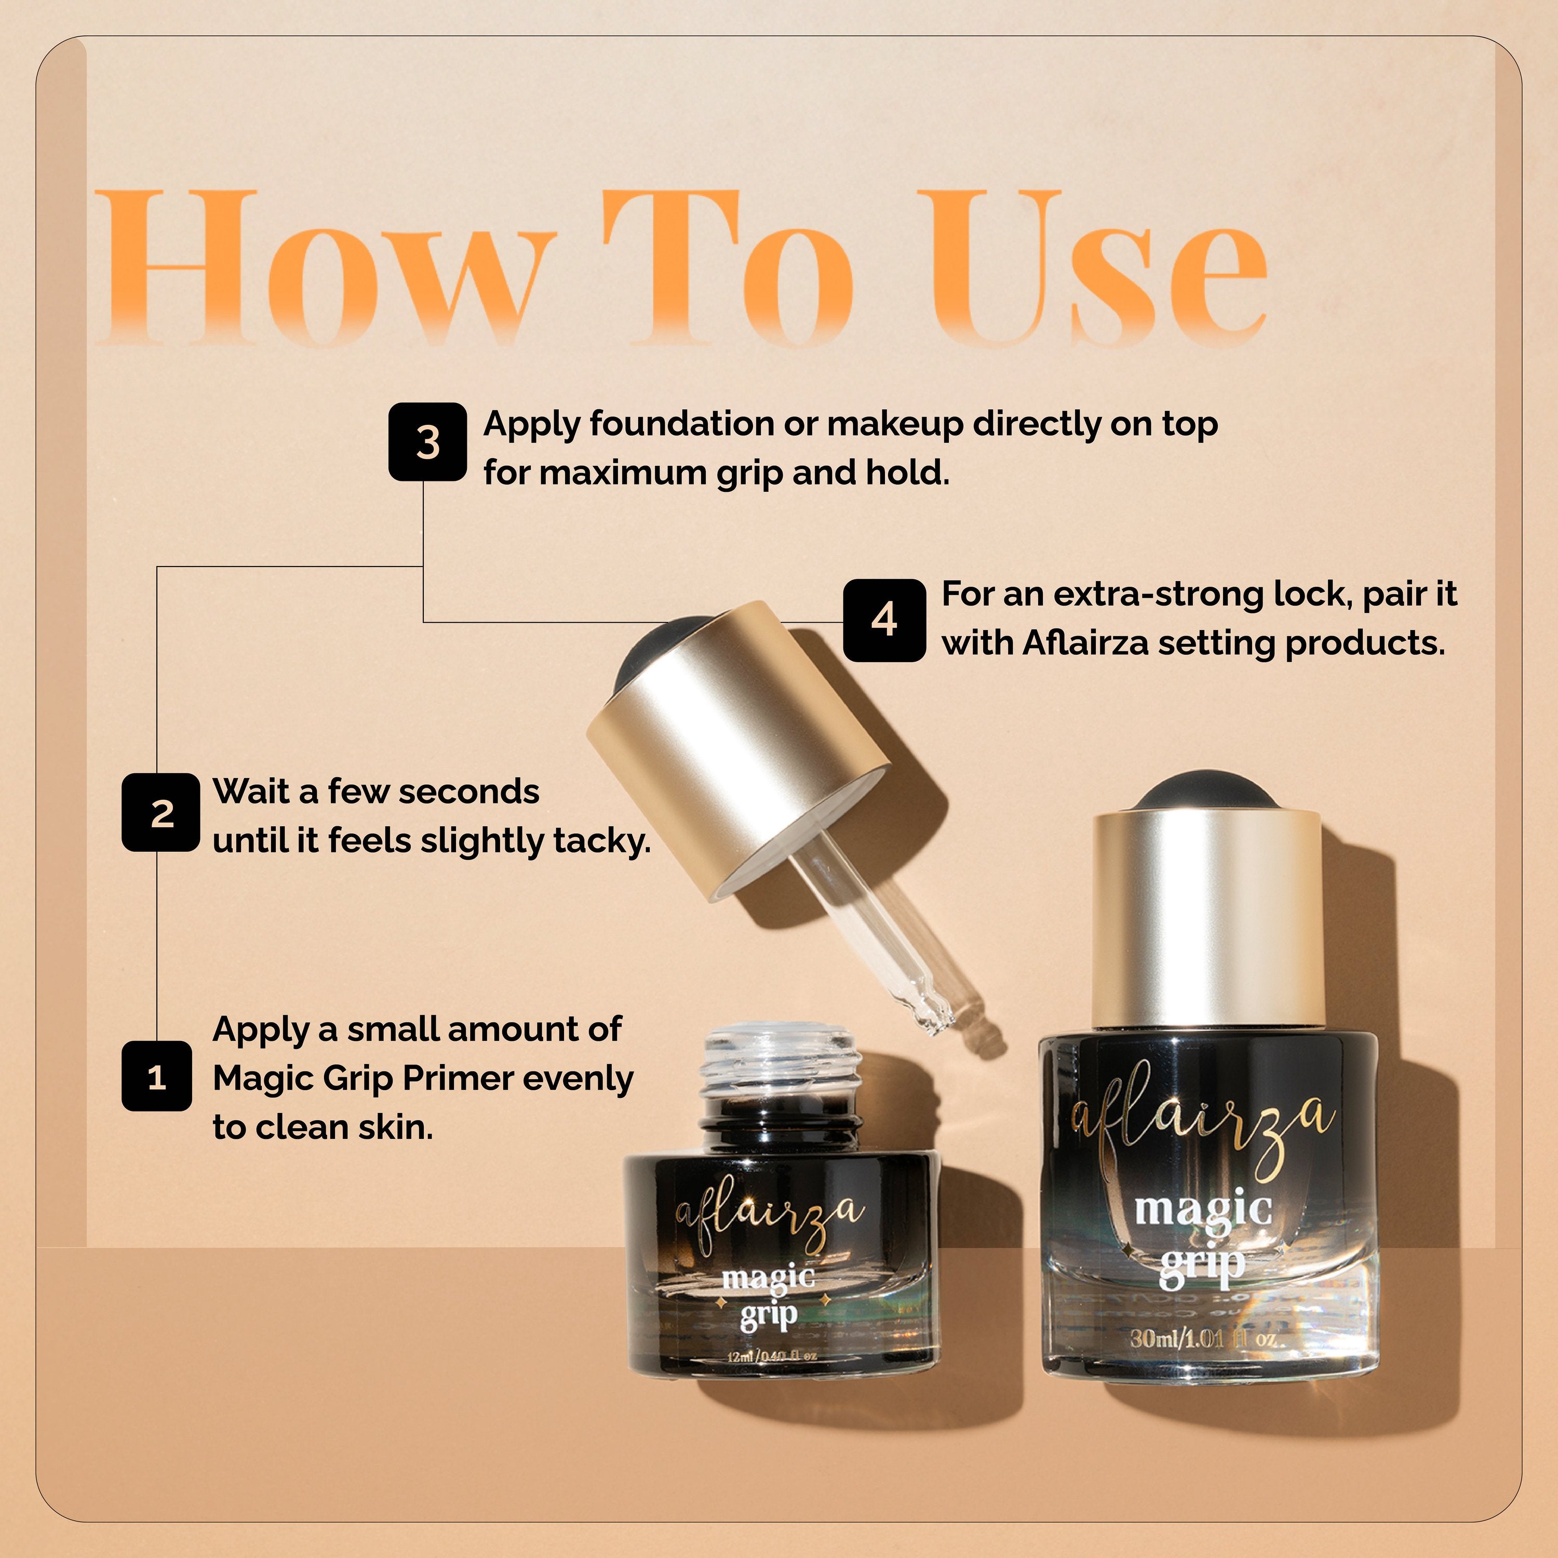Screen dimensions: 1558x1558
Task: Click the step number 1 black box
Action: click(x=156, y=1077)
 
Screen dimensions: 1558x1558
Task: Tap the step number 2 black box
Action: click(x=160, y=812)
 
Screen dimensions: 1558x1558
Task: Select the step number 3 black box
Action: click(x=427, y=442)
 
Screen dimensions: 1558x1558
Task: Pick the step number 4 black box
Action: click(x=884, y=620)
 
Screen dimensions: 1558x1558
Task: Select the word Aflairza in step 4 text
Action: click(x=1085, y=643)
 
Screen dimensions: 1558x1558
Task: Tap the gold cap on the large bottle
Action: click(x=1207, y=919)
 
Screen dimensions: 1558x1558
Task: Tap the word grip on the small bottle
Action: click(x=769, y=1316)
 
